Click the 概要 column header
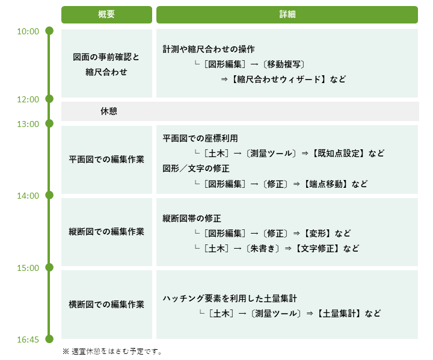[106, 14]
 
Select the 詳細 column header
[287, 14]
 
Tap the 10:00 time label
[28, 31]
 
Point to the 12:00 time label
[28, 99]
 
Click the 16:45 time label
[28, 340]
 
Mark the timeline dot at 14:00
[49, 195]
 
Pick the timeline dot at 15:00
[49, 267]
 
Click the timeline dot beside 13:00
[49, 123]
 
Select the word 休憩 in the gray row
[108, 111]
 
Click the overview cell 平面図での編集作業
[106, 160]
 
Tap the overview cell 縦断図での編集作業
[106, 232]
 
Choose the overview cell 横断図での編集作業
[106, 305]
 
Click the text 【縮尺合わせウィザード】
[278, 79]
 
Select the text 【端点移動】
[325, 184]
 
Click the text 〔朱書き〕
[263, 248]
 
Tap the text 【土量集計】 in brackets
[339, 313]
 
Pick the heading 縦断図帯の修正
[192, 219]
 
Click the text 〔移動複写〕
[284, 64]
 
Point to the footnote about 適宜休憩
[112, 352]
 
